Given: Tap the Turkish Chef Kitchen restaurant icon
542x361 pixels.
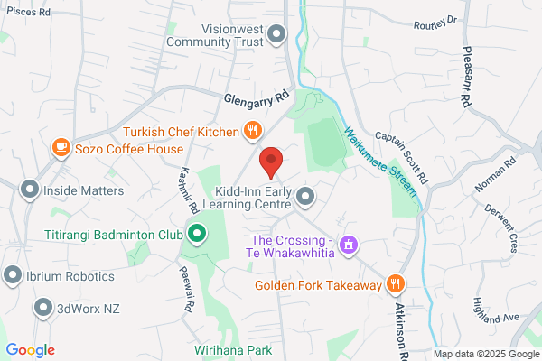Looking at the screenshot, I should pos(253,132).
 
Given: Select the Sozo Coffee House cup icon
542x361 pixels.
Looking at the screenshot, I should pos(61,146).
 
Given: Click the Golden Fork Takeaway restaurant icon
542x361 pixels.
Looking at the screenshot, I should pos(395,284).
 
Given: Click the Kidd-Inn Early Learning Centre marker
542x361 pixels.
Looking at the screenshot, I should pos(306,195).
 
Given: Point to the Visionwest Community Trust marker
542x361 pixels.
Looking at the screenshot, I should pos(277,34).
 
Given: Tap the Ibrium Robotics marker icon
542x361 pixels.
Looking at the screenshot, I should pos(13,275).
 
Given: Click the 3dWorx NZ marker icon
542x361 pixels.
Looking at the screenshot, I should pos(42,309).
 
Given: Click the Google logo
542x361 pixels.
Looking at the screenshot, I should pos(30,349).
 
